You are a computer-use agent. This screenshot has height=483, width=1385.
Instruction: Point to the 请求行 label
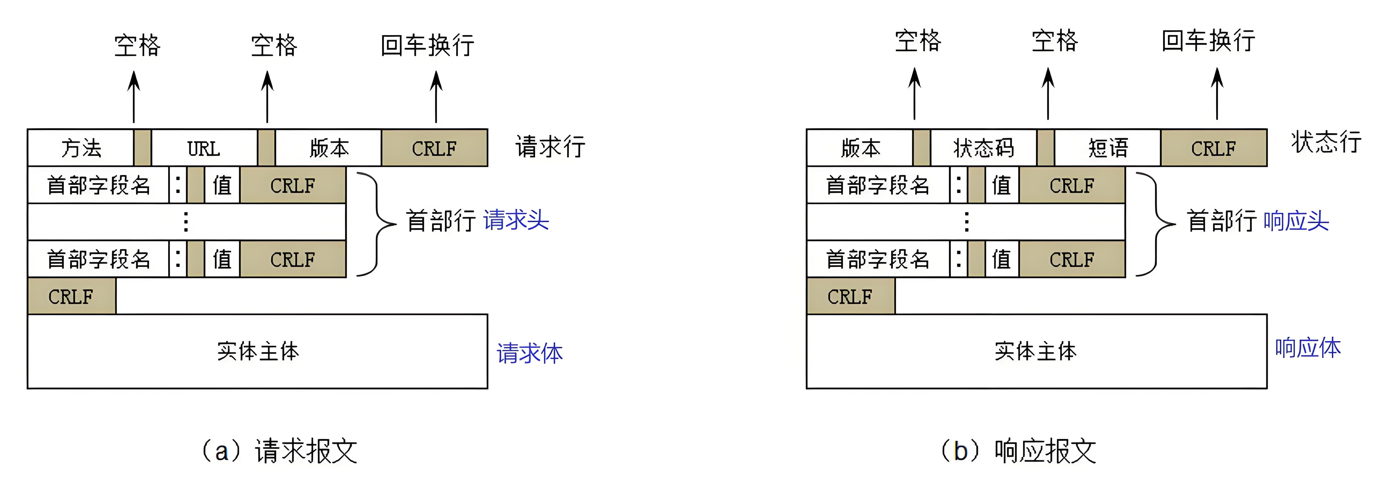point(550,146)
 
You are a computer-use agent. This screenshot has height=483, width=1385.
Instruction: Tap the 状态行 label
point(1326,142)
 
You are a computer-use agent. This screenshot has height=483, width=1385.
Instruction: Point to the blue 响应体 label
point(1308,347)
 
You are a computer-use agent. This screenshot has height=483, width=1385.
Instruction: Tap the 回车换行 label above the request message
point(428,45)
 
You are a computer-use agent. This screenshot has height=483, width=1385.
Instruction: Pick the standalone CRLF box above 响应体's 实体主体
point(850,296)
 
